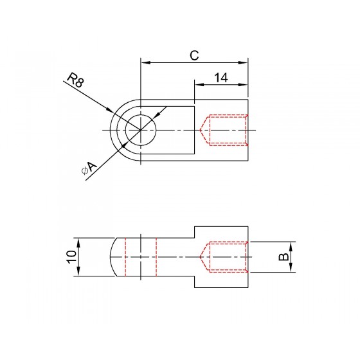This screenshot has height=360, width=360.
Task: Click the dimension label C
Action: (194, 55)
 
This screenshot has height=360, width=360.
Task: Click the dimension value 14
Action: (221, 78)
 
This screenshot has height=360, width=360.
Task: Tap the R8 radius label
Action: (76, 80)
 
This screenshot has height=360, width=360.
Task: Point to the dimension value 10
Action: (71, 256)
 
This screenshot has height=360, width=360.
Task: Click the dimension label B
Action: (283, 257)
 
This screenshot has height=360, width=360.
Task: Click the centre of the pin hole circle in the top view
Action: (141, 130)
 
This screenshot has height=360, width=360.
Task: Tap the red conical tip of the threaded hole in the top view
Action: (204, 130)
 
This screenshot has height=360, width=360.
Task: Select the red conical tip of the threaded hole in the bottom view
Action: (204, 257)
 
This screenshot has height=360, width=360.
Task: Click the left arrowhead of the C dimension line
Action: (145, 62)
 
